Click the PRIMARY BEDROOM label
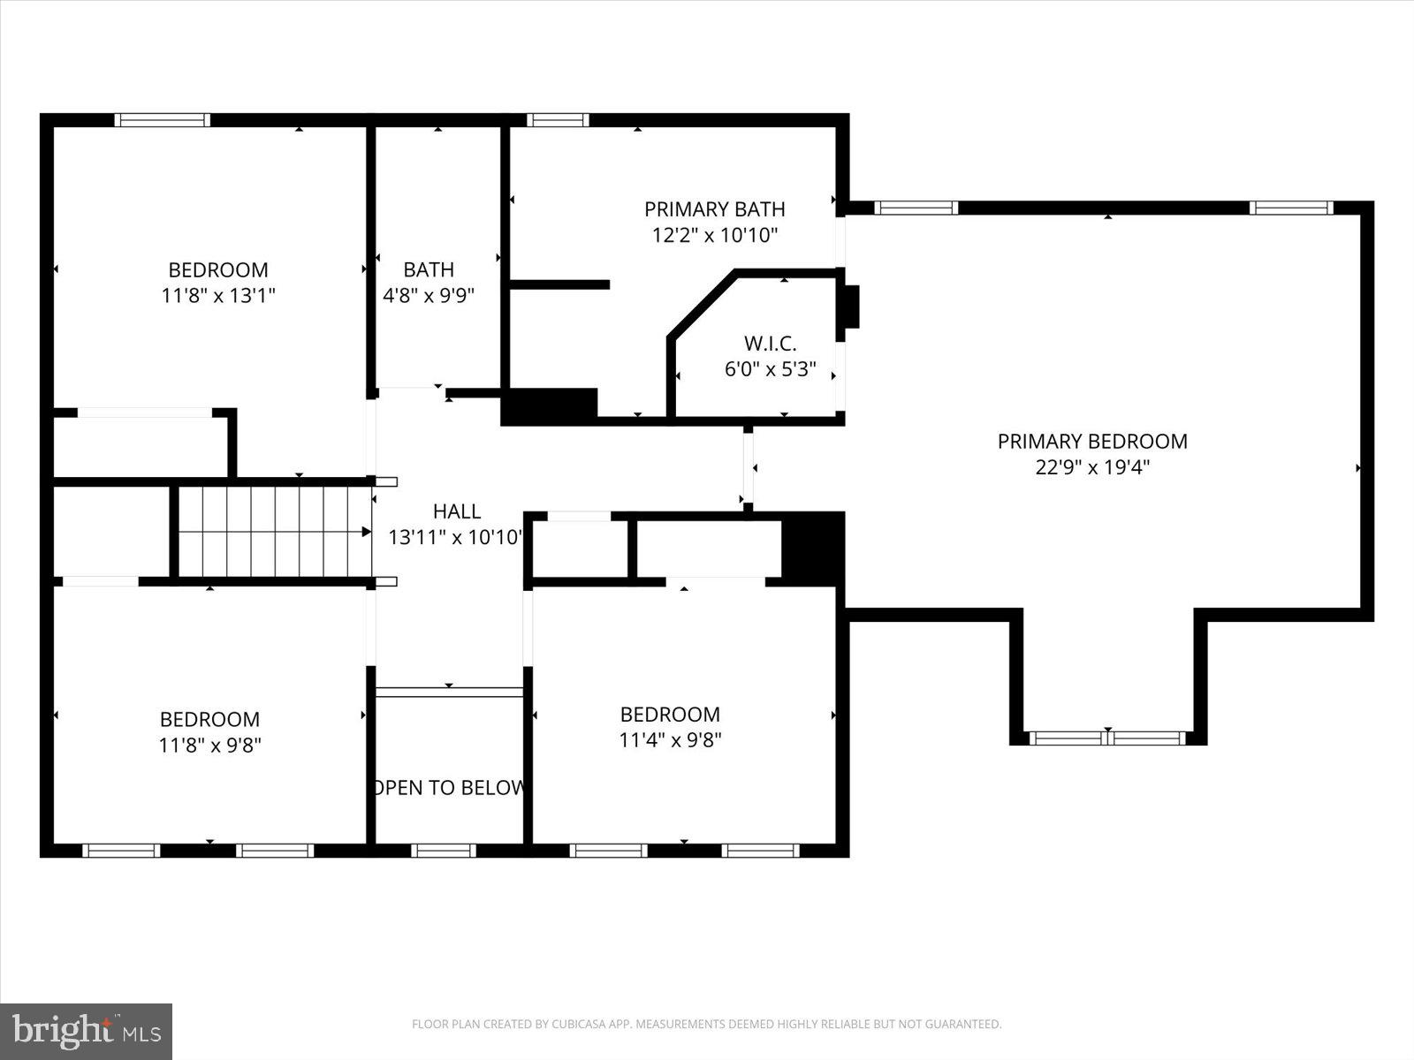click(x=1092, y=441)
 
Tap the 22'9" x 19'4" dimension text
click(x=1092, y=467)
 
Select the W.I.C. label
click(x=770, y=343)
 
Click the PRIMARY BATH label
click(x=714, y=209)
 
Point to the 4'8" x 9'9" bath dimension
click(x=429, y=295)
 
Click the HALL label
click(x=457, y=511)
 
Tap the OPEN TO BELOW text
click(x=449, y=787)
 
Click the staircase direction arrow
click(x=366, y=532)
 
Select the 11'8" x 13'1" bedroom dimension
click(x=218, y=295)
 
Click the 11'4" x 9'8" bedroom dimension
click(x=670, y=739)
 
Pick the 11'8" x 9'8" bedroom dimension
click(x=209, y=745)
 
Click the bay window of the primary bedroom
click(x=1107, y=738)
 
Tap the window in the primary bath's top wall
click(x=558, y=120)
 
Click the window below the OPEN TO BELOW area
click(x=444, y=851)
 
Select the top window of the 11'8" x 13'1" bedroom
click(x=163, y=120)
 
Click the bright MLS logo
click(x=86, y=1031)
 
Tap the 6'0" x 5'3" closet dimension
click(x=770, y=369)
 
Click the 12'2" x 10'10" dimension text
click(x=714, y=235)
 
